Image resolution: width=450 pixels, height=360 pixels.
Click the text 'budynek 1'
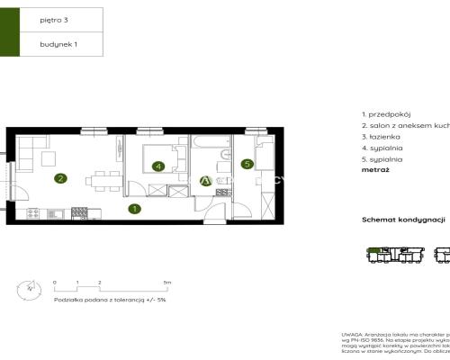coord(57,43)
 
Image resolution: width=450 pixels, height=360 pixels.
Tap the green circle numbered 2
coord(59,178)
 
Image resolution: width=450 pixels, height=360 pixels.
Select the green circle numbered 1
coord(133,210)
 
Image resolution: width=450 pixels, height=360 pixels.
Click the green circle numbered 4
coord(158,166)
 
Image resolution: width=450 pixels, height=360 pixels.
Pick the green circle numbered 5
coord(247,163)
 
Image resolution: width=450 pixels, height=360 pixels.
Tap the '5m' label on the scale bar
coord(167,283)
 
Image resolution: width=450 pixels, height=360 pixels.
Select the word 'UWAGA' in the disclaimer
coord(352,334)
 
